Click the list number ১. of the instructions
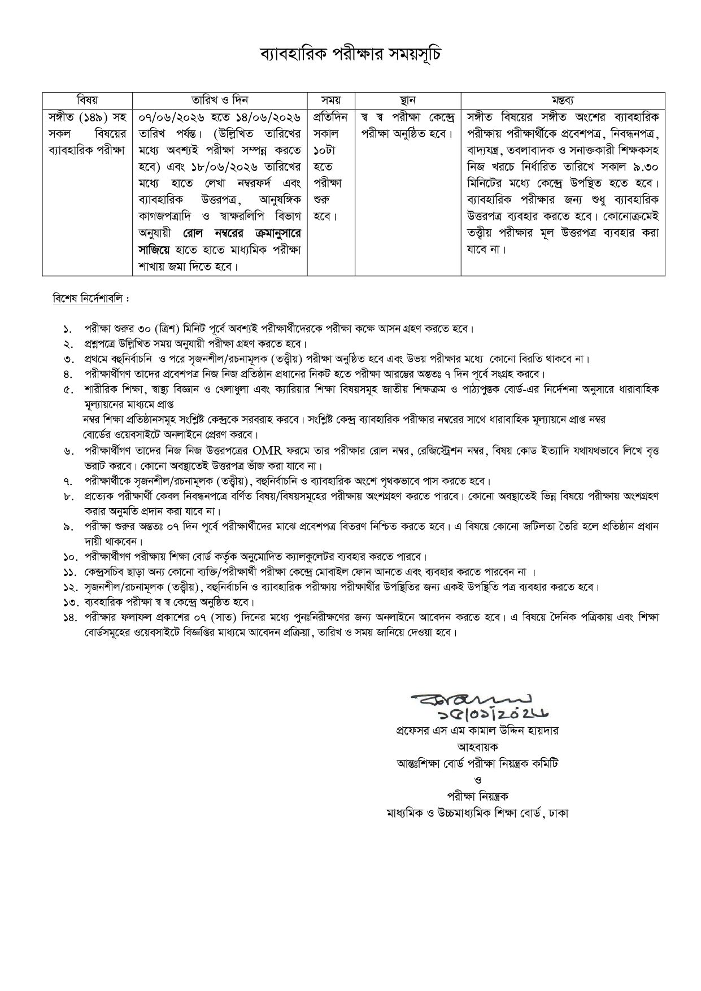point(68,329)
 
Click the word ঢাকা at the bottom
point(559,813)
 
